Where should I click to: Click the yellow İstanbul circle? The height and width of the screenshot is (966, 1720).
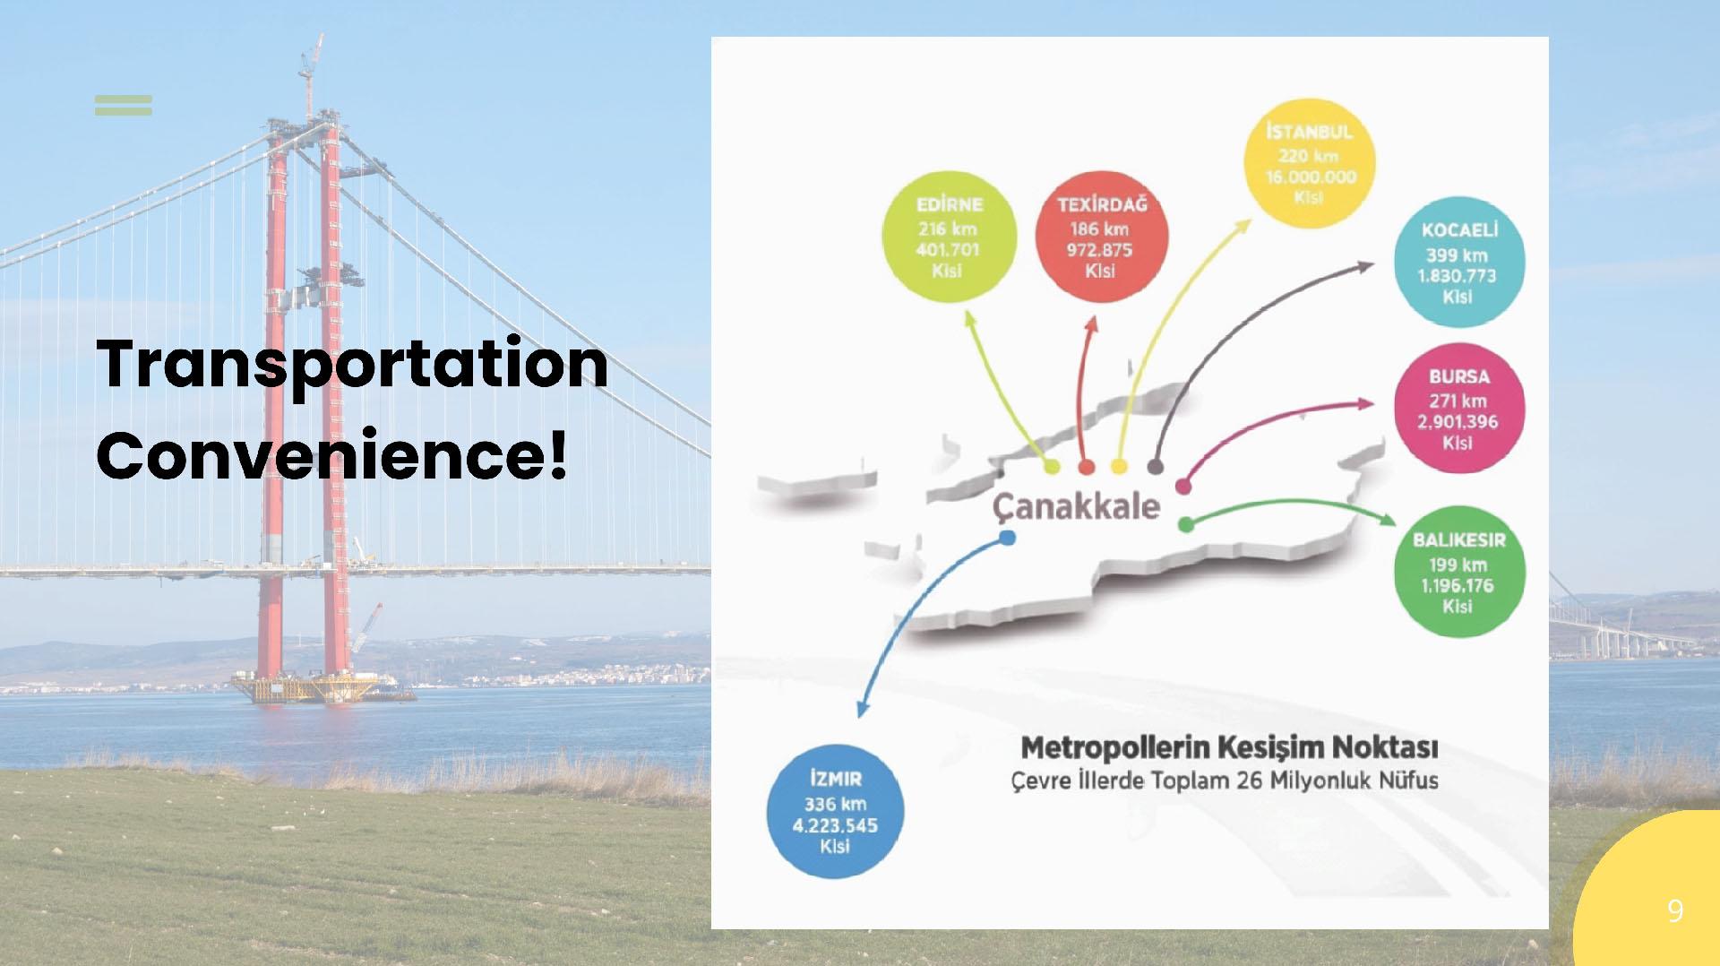[1310, 163]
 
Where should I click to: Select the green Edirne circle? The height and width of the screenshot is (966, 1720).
[949, 237]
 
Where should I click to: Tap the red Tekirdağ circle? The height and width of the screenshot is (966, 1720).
[1101, 237]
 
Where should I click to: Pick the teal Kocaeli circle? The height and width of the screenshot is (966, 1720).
[1459, 262]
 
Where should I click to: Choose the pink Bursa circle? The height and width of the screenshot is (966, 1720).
[1459, 408]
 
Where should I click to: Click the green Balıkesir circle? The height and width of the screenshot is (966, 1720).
[1459, 572]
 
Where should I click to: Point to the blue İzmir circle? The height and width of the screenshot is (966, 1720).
[835, 812]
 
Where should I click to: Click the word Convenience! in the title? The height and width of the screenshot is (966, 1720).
[331, 455]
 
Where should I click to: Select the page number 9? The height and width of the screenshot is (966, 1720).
[1675, 911]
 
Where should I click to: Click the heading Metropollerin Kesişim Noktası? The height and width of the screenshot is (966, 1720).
[1229, 747]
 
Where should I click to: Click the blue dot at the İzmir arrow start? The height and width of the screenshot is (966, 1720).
[1008, 538]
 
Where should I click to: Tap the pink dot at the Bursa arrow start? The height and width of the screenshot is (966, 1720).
[1183, 487]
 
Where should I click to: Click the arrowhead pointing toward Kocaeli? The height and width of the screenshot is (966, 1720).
[1365, 266]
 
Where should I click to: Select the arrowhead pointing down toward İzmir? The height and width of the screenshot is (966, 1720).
[863, 709]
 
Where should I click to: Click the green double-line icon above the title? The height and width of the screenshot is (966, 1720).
[124, 105]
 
